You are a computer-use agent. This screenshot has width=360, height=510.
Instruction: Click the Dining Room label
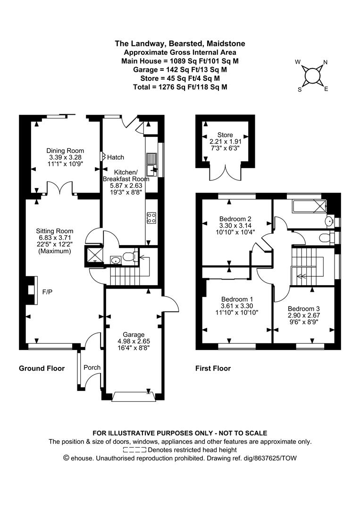[65, 151]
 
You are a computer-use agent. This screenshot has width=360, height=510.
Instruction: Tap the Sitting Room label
[55, 231]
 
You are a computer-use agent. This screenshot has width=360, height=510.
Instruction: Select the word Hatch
[116, 157]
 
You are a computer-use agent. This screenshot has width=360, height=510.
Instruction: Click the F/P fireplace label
[48, 292]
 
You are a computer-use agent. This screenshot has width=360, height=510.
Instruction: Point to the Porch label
[92, 367]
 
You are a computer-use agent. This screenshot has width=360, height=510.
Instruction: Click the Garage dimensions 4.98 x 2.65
[134, 341]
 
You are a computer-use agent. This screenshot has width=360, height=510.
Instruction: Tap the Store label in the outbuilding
[225, 135]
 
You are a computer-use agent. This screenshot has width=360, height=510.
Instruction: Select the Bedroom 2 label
[235, 219]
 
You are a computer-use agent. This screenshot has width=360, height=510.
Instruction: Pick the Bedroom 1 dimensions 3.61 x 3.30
[237, 306]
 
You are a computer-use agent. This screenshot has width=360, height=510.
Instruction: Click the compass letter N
[326, 62]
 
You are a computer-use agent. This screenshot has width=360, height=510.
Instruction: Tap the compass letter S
[300, 90]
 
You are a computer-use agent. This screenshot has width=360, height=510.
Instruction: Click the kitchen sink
[152, 164]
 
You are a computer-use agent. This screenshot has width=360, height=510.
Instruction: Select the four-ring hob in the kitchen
[151, 218]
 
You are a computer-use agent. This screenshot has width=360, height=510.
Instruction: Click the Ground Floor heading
[42, 368]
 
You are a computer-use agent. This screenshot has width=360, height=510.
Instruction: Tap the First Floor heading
[213, 368]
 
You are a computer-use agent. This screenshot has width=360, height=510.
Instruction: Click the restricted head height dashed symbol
[134, 450]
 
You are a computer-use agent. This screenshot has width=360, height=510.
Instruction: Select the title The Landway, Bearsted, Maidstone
[180, 43]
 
